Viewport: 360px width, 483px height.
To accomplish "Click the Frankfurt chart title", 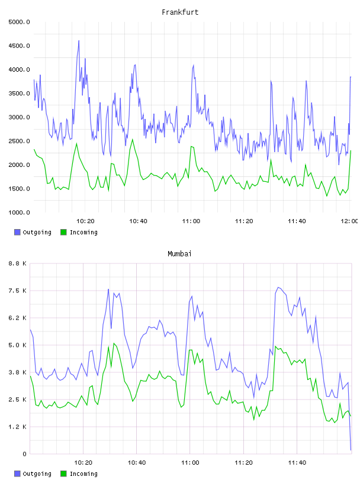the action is [x=180, y=12].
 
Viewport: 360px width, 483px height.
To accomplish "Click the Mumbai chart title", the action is [x=179, y=254].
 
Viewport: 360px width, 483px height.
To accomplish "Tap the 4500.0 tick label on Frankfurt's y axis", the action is [x=19, y=46].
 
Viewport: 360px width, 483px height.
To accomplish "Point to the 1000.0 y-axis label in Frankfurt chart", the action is [x=19, y=212].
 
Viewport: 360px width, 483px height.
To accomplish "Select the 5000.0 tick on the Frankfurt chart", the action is [x=19, y=22].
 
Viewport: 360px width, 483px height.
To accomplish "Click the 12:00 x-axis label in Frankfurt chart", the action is [x=349, y=221].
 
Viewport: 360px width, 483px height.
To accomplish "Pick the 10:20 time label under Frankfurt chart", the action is [x=85, y=221].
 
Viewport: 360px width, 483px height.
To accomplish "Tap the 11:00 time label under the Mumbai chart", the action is [x=190, y=463].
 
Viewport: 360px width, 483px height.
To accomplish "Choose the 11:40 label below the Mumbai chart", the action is [x=297, y=463].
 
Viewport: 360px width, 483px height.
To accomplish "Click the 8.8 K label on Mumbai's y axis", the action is [x=18, y=263].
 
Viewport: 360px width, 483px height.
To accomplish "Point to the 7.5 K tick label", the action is [x=18, y=291].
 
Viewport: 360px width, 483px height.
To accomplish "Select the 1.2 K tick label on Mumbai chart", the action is [x=18, y=427].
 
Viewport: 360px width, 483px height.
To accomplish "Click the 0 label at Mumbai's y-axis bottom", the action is [x=24, y=454].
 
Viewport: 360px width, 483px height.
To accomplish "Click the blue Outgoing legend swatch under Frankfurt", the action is [x=17, y=232].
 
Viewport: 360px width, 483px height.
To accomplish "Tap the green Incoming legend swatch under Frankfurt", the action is [x=63, y=232].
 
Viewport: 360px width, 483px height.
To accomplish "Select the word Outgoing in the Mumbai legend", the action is [x=37, y=474].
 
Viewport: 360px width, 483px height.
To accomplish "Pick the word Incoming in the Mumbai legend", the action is [x=83, y=474].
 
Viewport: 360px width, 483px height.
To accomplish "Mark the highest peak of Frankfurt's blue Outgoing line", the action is [x=79, y=40].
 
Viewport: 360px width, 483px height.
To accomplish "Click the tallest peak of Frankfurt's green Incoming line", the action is [x=133, y=139].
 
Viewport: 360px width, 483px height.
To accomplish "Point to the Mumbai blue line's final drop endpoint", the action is [x=351, y=450].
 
